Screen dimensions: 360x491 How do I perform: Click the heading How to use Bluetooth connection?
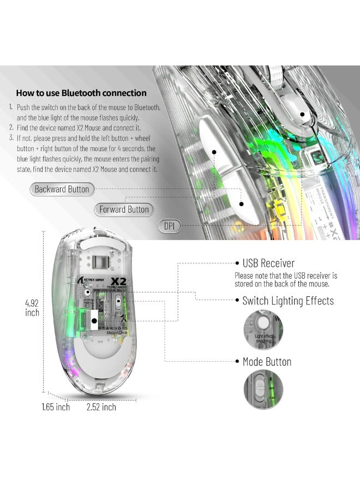pyautogui.click(x=81, y=93)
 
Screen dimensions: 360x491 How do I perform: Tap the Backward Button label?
pyautogui.click(x=62, y=189)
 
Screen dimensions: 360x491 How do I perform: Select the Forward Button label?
pyautogui.click(x=124, y=209)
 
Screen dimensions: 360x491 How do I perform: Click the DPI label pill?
pyautogui.click(x=169, y=225)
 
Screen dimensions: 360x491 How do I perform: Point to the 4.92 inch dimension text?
pyautogui.click(x=32, y=308)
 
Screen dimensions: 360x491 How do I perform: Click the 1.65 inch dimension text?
pyautogui.click(x=56, y=407)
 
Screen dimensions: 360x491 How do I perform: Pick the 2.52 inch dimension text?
pyautogui.click(x=101, y=407)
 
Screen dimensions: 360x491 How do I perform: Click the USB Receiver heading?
pyautogui.click(x=268, y=264)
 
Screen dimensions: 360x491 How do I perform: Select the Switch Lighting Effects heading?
pyautogui.click(x=288, y=301)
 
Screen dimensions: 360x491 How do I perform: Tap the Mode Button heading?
pyautogui.click(x=267, y=362)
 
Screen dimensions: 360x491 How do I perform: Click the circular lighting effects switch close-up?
pyautogui.click(x=263, y=330)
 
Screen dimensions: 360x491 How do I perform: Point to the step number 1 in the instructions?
pyautogui.click(x=11, y=108)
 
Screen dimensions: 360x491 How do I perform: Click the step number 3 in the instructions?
pyautogui.click(x=11, y=137)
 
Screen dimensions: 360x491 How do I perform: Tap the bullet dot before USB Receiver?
pyautogui.click(x=237, y=264)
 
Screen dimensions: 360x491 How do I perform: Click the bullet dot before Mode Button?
pyautogui.click(x=237, y=362)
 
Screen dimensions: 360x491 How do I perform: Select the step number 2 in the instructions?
pyautogui.click(x=11, y=128)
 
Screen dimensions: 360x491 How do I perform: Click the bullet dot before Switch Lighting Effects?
pyautogui.click(x=237, y=301)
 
